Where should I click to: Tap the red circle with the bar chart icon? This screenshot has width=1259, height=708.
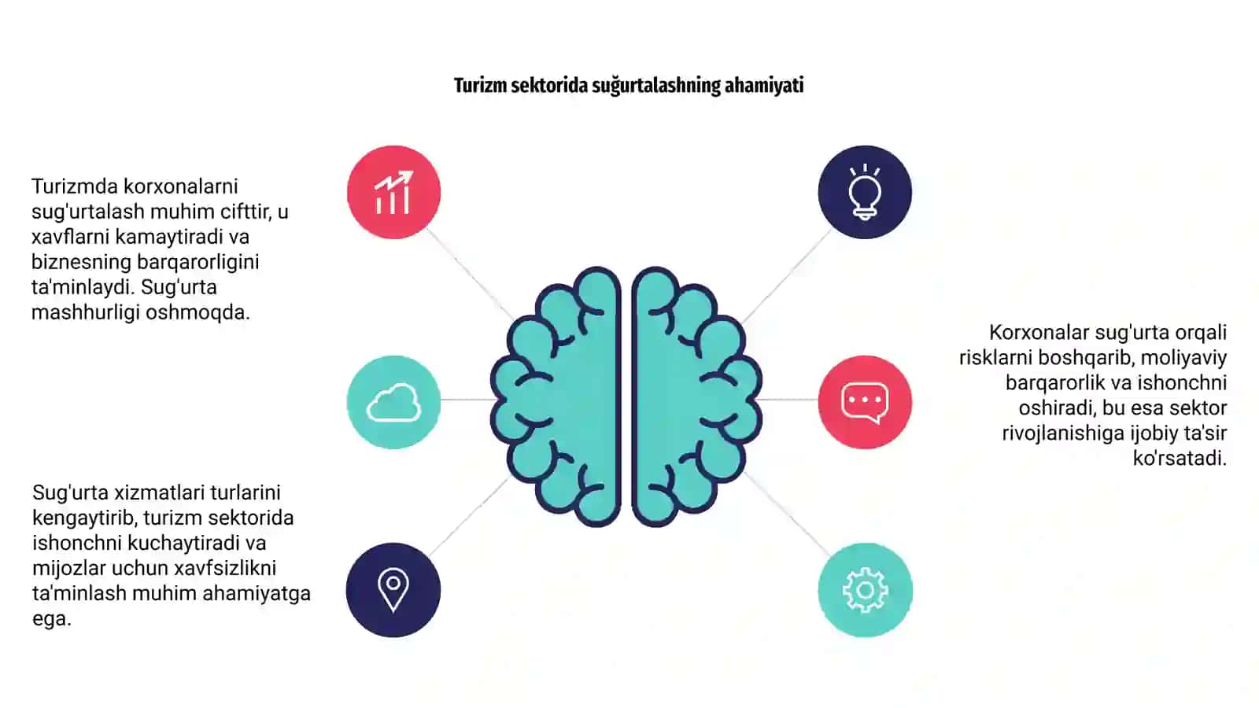pyautogui.click(x=393, y=192)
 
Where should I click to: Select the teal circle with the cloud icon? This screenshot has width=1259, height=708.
pyautogui.click(x=393, y=402)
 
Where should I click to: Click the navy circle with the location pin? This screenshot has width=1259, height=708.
pyautogui.click(x=393, y=590)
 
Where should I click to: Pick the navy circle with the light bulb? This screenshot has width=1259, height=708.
pyautogui.click(x=865, y=192)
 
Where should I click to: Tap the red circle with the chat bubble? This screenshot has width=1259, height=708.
pyautogui.click(x=865, y=402)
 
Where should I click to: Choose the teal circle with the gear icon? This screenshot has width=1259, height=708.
pyautogui.click(x=865, y=590)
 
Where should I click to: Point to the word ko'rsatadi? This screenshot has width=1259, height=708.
pyautogui.click(x=1180, y=458)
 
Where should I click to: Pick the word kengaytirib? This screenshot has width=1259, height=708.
pyautogui.click(x=84, y=518)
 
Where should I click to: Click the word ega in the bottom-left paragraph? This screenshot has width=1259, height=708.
pyautogui.click(x=52, y=619)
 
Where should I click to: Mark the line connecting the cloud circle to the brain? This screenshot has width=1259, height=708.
pyautogui.click(x=466, y=400)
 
